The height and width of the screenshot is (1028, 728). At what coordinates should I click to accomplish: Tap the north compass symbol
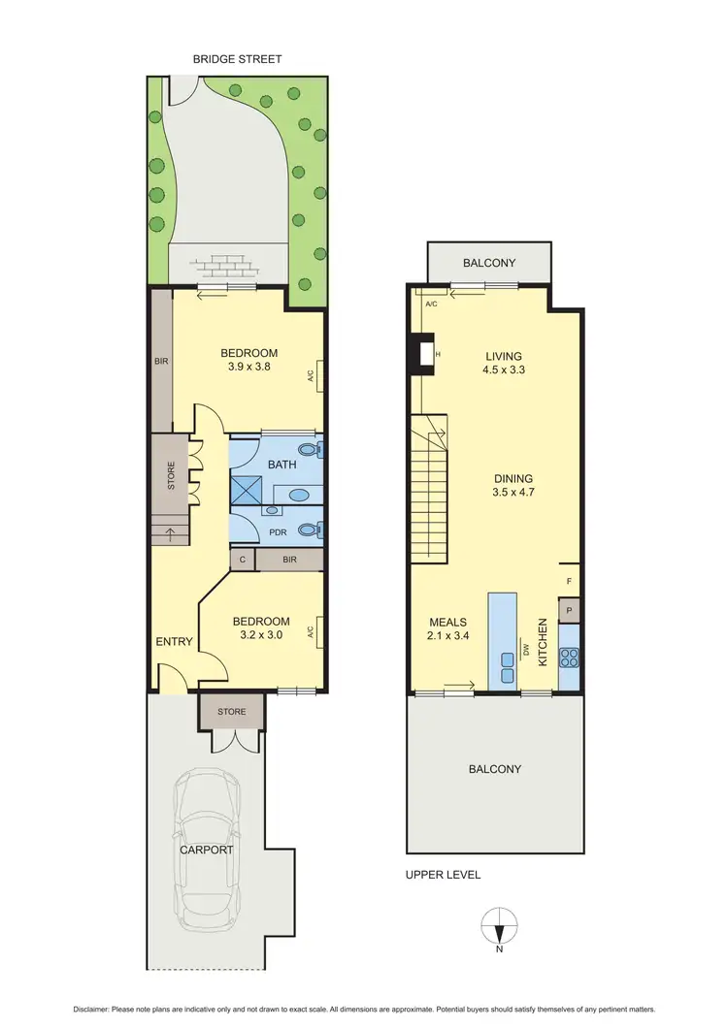pyautogui.click(x=500, y=926)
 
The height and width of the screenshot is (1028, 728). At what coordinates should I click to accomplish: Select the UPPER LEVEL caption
pyautogui.click(x=443, y=875)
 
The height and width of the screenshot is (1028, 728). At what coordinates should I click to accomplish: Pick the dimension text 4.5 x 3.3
pyautogui.click(x=505, y=369)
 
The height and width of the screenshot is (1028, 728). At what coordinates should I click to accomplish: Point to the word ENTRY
pyautogui.click(x=175, y=641)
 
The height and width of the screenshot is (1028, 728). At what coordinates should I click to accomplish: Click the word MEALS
pyautogui.click(x=449, y=622)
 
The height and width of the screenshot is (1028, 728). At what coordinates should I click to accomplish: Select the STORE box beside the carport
pyautogui.click(x=231, y=712)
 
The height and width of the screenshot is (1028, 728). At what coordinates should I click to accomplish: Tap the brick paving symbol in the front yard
pyautogui.click(x=227, y=265)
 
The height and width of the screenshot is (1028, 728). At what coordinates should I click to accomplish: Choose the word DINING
pyautogui.click(x=513, y=478)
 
